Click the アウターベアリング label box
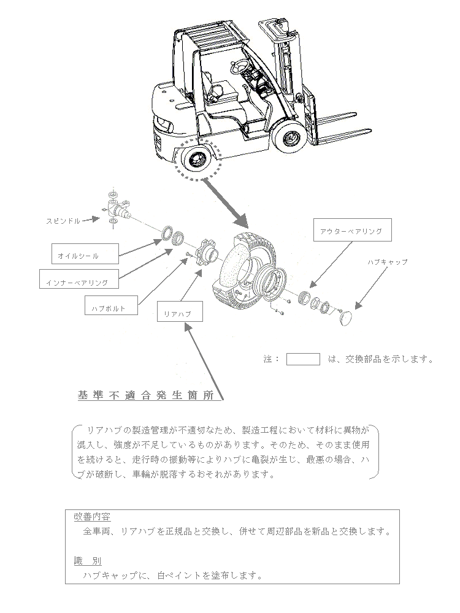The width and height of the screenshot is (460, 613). (x=351, y=231)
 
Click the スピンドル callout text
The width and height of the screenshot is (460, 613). (x=63, y=220)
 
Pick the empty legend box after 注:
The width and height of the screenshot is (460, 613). (x=303, y=359)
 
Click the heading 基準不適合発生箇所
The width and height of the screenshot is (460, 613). (x=146, y=396)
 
